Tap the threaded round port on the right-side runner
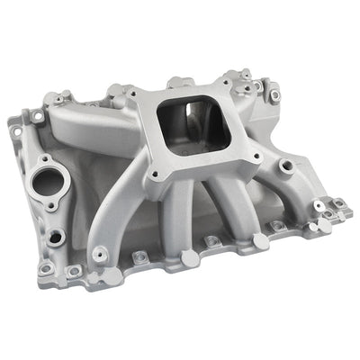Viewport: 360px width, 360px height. point(285,166)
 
